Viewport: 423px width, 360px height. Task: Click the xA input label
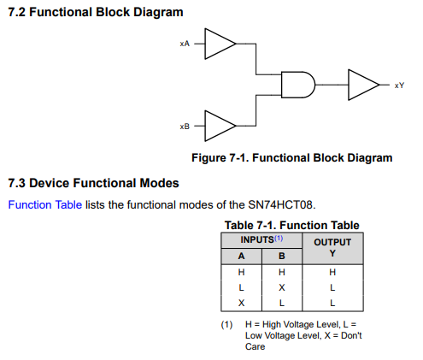pos(185,44)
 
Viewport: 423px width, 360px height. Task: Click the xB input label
pos(185,127)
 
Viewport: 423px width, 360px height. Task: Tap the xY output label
pos(399,86)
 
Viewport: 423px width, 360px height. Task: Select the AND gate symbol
pos(298,85)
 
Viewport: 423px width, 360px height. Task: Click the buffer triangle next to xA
pos(220,44)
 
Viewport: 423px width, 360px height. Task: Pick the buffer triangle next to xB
pos(220,126)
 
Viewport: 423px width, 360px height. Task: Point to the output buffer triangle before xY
pos(364,85)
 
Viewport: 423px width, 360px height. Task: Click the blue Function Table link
pos(45,204)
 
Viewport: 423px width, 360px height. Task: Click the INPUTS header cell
pos(261,239)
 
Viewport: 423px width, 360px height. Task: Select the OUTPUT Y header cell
pos(332,248)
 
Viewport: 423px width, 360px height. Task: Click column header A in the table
pos(241,256)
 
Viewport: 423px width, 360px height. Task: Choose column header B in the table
pos(282,256)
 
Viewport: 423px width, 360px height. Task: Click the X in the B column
pos(282,287)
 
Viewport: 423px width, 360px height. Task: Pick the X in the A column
pos(241,303)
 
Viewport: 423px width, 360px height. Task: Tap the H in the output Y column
pos(332,272)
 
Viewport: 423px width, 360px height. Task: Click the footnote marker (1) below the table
pos(226,325)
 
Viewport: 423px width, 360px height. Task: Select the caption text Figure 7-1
pos(220,158)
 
